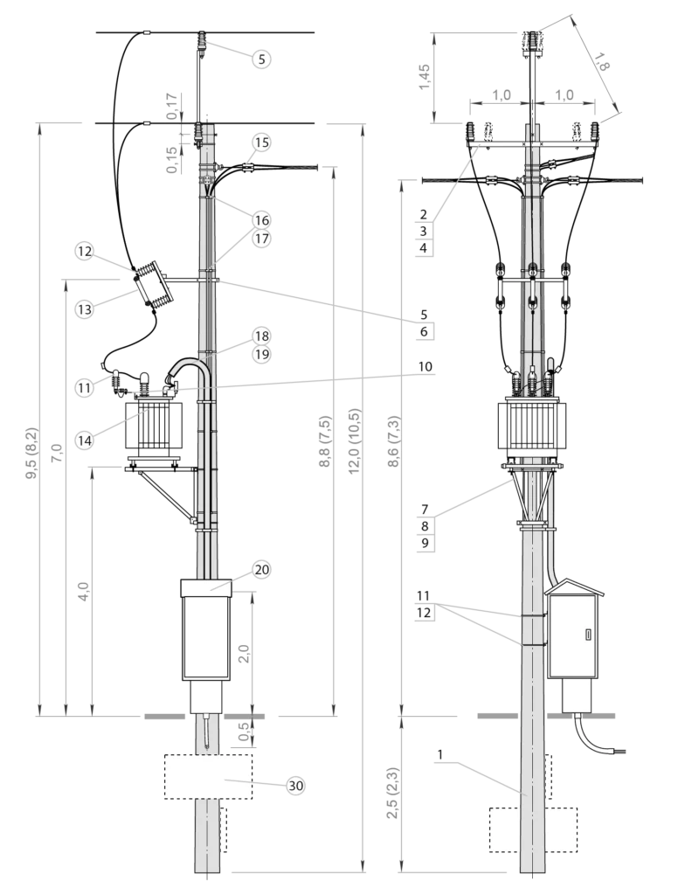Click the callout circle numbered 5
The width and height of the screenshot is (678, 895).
coord(262,59)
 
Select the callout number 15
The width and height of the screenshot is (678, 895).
coord(262,142)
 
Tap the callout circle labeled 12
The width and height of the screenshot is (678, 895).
coord(84,252)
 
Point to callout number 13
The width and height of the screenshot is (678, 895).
coord(84,309)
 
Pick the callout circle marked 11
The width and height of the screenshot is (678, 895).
coord(84,387)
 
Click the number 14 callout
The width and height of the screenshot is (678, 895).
coord(84,441)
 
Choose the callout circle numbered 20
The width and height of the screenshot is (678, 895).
coord(262,570)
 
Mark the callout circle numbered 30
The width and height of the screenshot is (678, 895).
coord(296,786)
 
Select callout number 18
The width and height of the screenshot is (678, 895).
coord(262,336)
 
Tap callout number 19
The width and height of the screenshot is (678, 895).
coord(262,355)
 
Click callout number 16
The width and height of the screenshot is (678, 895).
coord(262,219)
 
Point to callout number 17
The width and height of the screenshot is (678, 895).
coord(262,238)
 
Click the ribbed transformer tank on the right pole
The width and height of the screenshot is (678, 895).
coord(532,427)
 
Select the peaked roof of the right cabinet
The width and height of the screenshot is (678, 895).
coord(572,588)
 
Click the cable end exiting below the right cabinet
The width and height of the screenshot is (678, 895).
coord(621,751)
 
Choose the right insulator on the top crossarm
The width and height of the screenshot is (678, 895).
coord(596,132)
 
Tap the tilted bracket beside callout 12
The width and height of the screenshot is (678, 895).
coord(152,283)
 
